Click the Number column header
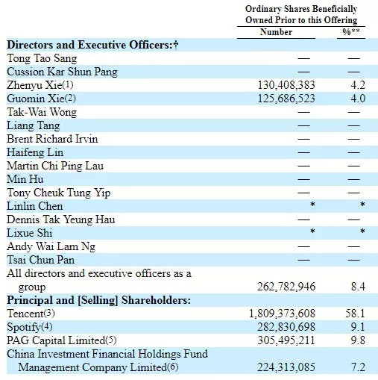point(276,32)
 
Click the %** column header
point(351,31)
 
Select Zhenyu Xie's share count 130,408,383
point(286,85)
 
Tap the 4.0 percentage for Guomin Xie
point(358,99)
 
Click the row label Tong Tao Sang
point(42,58)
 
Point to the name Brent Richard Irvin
point(52,139)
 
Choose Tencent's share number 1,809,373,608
point(282,314)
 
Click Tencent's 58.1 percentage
point(355,314)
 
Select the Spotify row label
point(30,327)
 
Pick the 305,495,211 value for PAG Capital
point(286,340)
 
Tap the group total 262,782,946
point(286,287)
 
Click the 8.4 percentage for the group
point(358,287)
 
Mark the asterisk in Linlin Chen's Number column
point(312,205)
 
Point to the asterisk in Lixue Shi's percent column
point(362,231)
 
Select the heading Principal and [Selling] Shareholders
point(98,300)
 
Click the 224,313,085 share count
point(286,367)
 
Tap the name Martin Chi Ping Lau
point(55,166)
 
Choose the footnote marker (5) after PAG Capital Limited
point(111,340)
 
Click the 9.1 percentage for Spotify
point(358,327)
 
